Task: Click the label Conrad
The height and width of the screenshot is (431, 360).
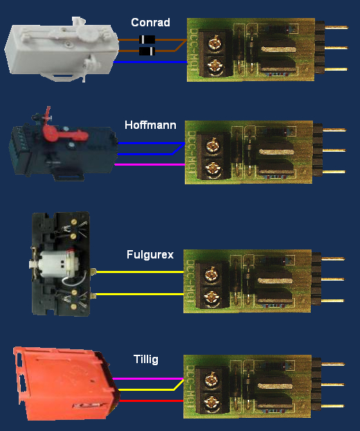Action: (150, 23)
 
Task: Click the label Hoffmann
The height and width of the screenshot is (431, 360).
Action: (150, 125)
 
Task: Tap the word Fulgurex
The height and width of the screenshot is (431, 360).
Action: (149, 254)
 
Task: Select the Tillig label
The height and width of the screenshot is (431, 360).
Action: (145, 359)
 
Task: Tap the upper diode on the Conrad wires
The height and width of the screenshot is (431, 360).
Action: (147, 39)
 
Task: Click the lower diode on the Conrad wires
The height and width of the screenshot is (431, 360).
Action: (147, 51)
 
